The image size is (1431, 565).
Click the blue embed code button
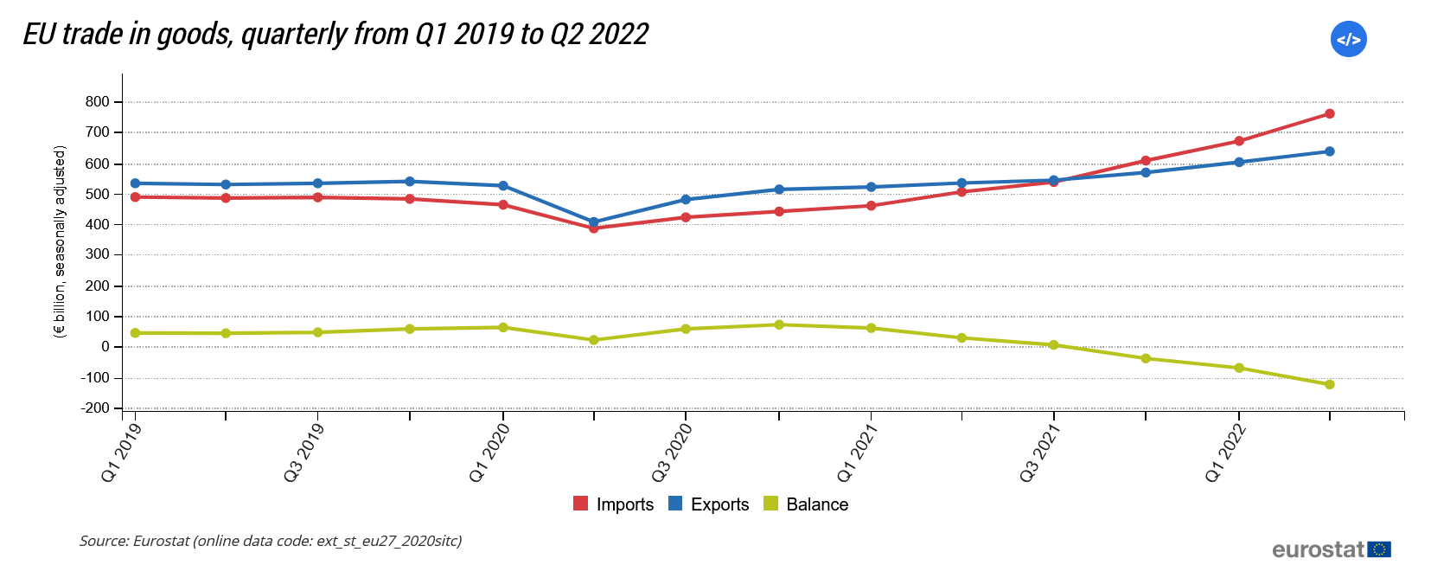[x=1348, y=39]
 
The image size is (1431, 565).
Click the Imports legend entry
[x=615, y=504]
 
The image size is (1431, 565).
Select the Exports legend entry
[x=710, y=504]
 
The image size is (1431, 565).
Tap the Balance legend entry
[x=807, y=504]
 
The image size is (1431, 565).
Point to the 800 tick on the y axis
[x=98, y=102]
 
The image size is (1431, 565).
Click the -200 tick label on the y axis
[x=95, y=408]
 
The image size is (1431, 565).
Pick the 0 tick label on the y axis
[x=105, y=347]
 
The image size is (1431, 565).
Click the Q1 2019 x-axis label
[x=120, y=453]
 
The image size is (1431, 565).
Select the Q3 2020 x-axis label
[x=672, y=453]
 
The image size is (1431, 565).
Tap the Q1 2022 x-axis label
[x=1225, y=453]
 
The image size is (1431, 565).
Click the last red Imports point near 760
[x=1330, y=114]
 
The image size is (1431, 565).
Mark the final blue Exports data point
[x=1330, y=151]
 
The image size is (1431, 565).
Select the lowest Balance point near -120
[x=1330, y=384]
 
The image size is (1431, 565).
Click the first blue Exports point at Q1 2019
[x=135, y=183]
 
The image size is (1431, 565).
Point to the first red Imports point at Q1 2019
[x=135, y=197]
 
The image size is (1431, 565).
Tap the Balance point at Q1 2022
[x=1239, y=368]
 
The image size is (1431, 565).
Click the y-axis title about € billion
[x=60, y=241]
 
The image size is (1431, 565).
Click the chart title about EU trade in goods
[x=335, y=35]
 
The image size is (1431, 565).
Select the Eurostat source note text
[x=271, y=541]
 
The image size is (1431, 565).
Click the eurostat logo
[x=1331, y=549]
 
